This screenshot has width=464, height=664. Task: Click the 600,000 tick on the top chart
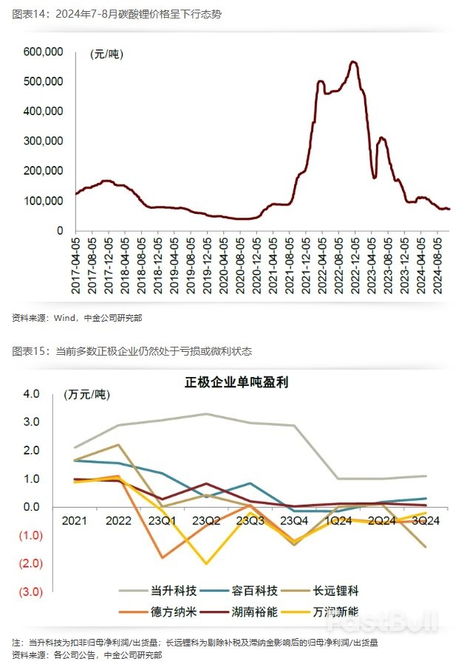click(43, 52)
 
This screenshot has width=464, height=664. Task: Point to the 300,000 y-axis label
click(43, 141)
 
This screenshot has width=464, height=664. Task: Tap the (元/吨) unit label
click(107, 54)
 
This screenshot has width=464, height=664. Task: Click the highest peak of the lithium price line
click(354, 62)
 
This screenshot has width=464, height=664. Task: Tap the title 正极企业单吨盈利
click(236, 382)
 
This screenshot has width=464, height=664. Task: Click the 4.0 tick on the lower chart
click(32, 394)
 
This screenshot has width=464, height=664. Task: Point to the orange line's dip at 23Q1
click(161, 557)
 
